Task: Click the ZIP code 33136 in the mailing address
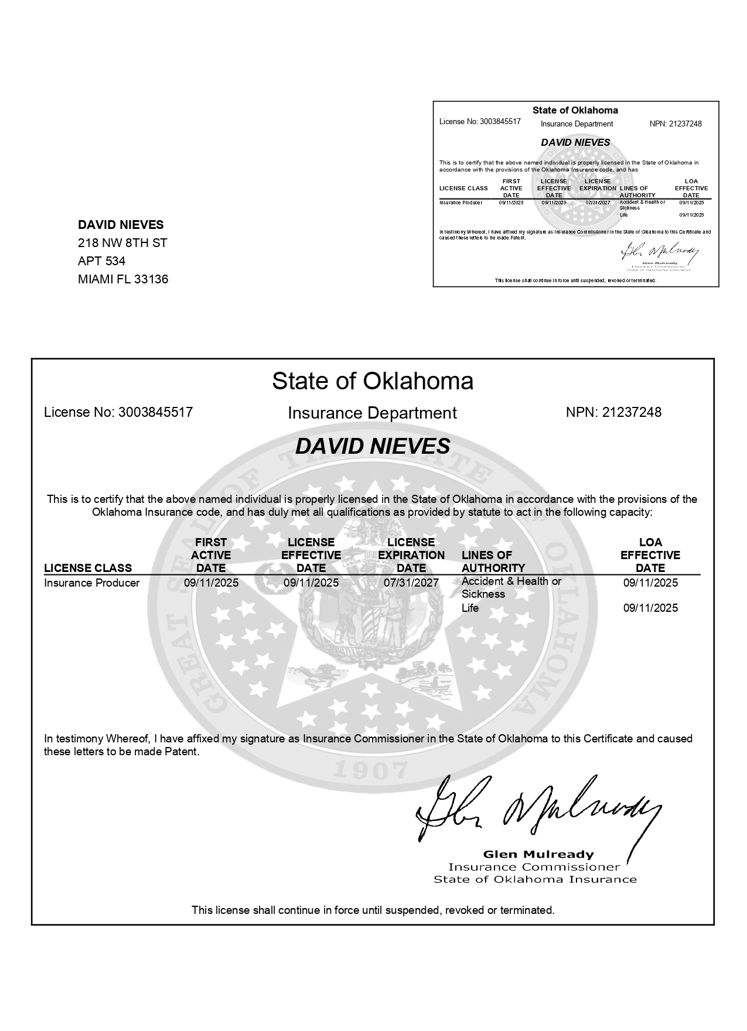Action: (151, 279)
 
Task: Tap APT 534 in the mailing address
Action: (101, 261)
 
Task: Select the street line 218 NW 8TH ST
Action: (122, 243)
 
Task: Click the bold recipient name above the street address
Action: (121, 225)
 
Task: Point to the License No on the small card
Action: (480, 122)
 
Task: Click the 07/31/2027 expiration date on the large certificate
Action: (411, 583)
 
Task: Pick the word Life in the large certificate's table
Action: (470, 608)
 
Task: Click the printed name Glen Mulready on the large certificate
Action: (538, 854)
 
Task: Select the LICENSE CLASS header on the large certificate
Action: (88, 568)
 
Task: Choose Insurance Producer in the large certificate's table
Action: (92, 583)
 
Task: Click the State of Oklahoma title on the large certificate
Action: (373, 381)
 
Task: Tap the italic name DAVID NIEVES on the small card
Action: (575, 142)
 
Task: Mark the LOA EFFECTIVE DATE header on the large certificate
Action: (650, 555)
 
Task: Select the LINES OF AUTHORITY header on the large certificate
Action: (493, 561)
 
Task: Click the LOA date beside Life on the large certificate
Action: (650, 608)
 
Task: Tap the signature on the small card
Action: (660, 252)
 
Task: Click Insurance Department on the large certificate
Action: (372, 413)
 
